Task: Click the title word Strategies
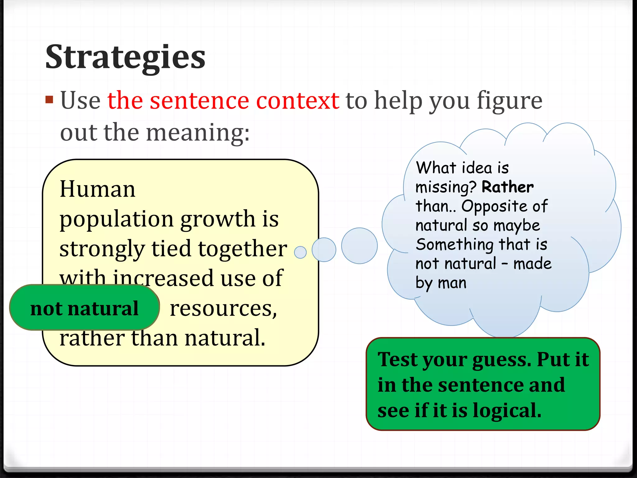[125, 58]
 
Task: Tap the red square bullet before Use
[49, 100]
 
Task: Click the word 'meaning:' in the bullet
[198, 133]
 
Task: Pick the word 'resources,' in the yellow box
[223, 309]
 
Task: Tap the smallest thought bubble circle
[300, 252]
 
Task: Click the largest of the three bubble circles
[359, 246]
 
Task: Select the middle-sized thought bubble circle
[324, 250]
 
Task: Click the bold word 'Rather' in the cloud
[507, 187]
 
